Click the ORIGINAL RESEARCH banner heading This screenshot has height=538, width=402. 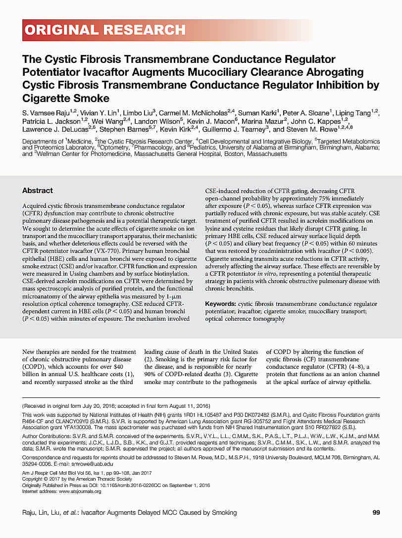point(104,30)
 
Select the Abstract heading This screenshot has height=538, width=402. point(38,191)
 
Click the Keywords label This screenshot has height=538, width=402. point(220,304)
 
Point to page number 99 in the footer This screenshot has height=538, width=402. point(376,512)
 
